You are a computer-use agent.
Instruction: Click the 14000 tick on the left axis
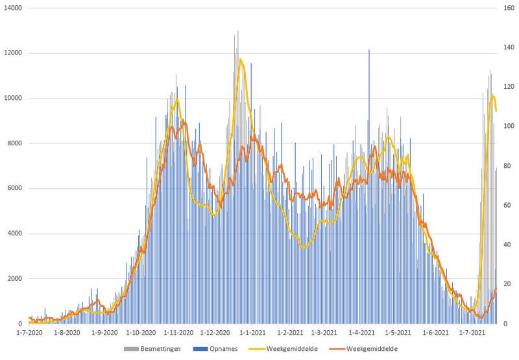coord(13,8)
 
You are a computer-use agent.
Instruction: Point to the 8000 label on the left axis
coord(15,143)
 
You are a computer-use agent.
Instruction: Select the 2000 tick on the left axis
coord(15,279)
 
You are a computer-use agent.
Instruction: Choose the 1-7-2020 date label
coord(30,332)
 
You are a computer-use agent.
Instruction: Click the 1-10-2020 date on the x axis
coord(141,332)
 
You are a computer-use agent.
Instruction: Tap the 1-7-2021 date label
coord(472,332)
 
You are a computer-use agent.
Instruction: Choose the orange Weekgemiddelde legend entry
coord(370,348)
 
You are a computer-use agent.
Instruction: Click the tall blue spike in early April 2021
coord(369,51)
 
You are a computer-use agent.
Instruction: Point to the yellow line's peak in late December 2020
coord(241,60)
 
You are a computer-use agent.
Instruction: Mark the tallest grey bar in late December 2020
coord(237,32)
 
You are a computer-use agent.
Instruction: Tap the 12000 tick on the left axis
coord(13,53)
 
